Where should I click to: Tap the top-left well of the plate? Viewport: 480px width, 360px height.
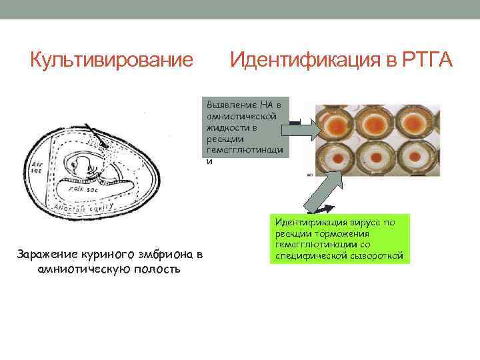tap(335, 125)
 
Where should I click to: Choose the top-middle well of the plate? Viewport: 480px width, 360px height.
tap(376, 125)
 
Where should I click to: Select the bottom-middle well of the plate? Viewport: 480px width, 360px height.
tap(376, 160)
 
